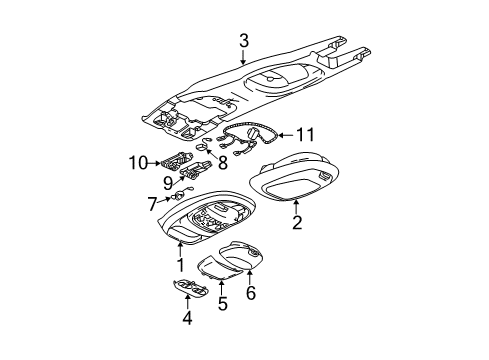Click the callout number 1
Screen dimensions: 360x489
coord(181,266)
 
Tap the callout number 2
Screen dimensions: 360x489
coord(296,223)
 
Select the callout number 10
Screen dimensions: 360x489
coord(136,160)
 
